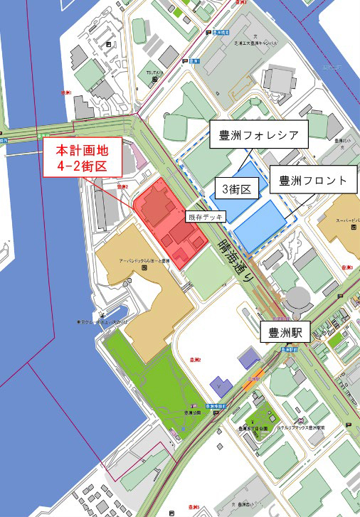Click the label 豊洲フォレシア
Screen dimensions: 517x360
pyautogui.click(x=258, y=134)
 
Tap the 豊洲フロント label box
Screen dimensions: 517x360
pyautogui.click(x=312, y=181)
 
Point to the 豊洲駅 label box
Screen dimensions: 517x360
pyautogui.click(x=282, y=331)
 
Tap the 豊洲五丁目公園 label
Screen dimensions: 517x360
pyautogui.click(x=255, y=428)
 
